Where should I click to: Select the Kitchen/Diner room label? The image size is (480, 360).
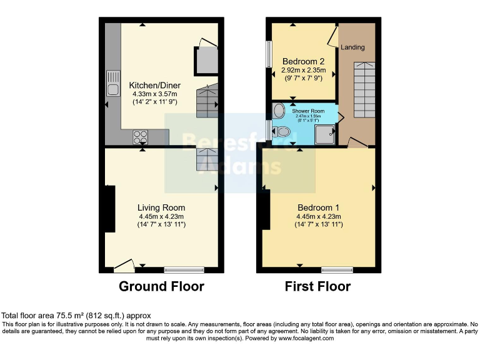[x=153, y=85]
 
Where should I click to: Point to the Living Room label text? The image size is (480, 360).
[x=161, y=207]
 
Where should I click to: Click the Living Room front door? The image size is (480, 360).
[x=124, y=267]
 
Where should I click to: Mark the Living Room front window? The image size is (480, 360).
[x=184, y=270]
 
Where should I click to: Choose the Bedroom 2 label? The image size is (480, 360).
[x=303, y=61]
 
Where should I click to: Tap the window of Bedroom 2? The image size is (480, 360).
[x=269, y=55]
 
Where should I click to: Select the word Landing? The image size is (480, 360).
[x=353, y=47]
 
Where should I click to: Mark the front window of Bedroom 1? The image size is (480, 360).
[x=336, y=270]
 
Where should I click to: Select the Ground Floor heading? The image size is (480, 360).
[x=162, y=287]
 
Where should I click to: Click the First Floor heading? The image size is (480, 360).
[x=317, y=287]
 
